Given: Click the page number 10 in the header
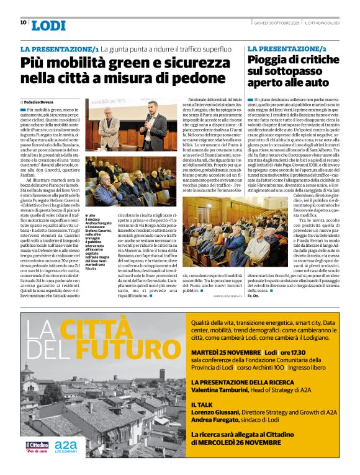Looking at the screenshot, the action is click(x=23, y=22).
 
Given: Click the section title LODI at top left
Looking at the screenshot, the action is click(x=48, y=25).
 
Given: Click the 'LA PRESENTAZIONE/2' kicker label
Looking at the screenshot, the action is click(x=287, y=48).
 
